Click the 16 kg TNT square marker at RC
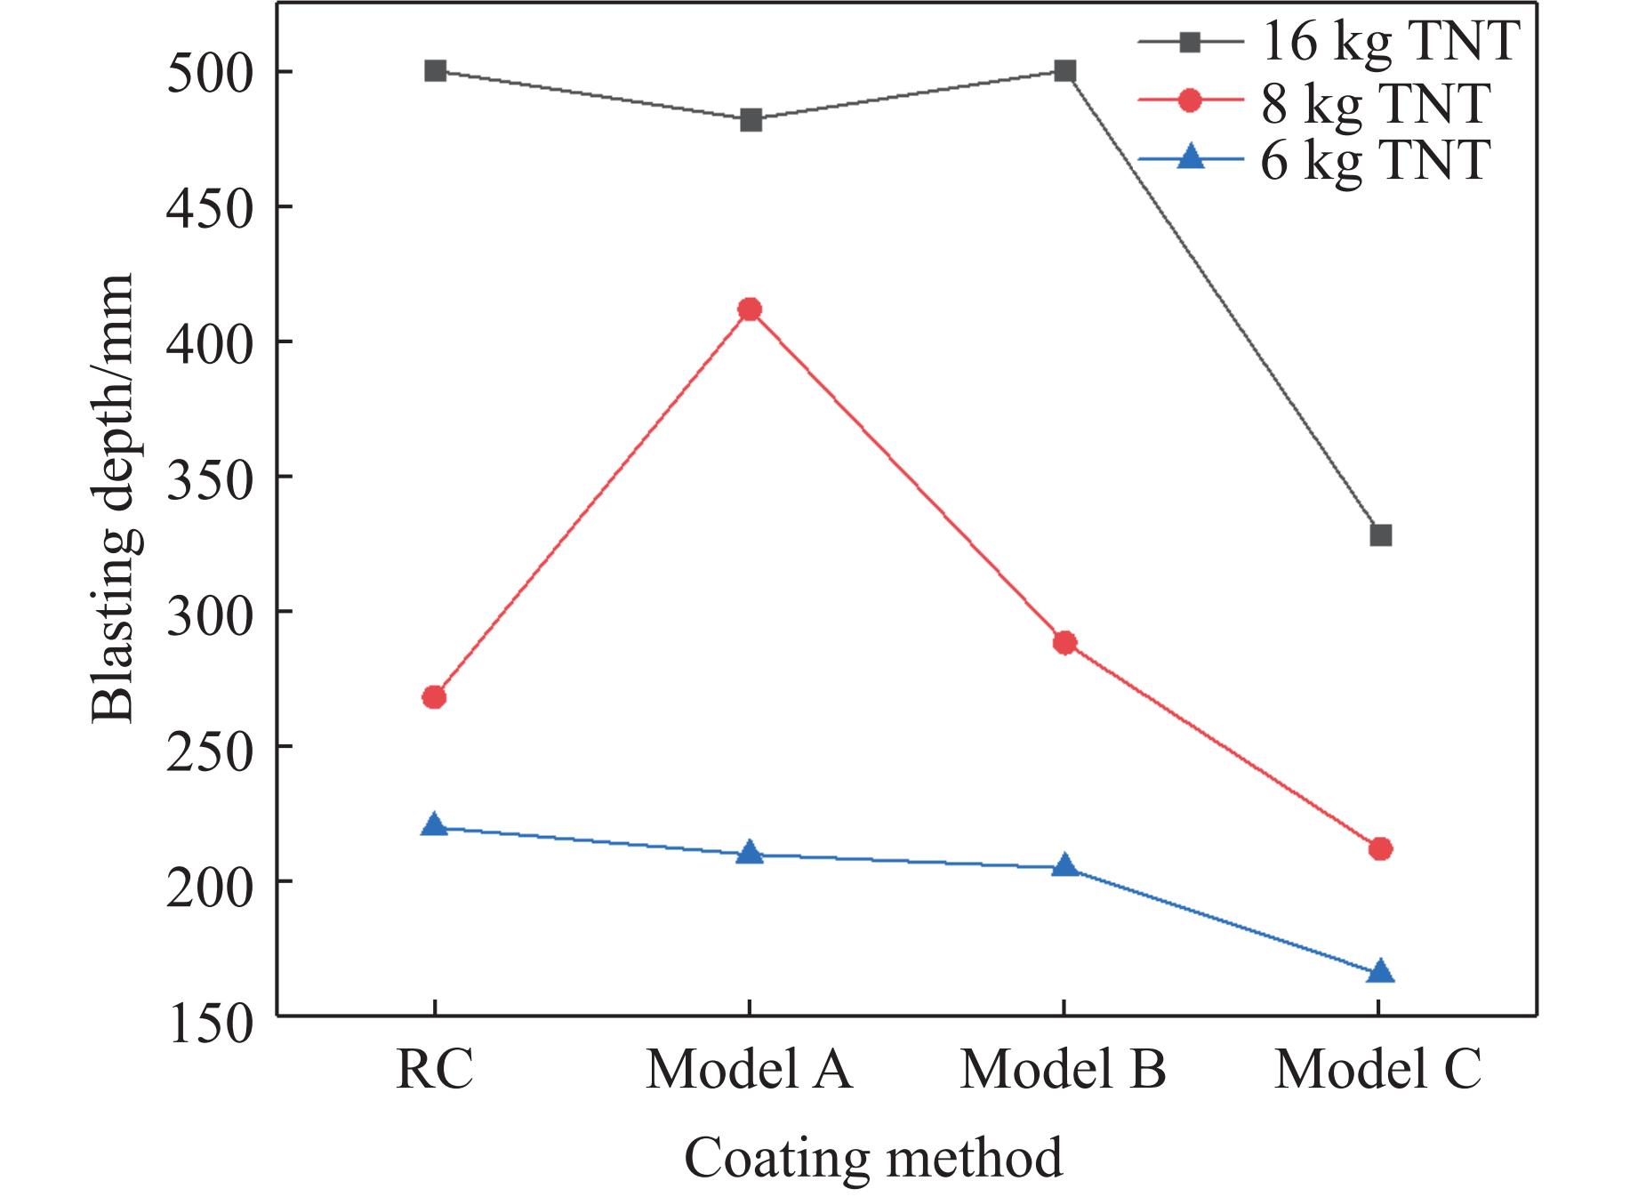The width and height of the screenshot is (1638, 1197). (x=435, y=71)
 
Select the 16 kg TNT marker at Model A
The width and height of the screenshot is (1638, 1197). (x=751, y=120)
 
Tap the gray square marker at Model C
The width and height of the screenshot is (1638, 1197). (x=1380, y=535)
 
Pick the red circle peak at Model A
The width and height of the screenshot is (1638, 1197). (x=750, y=309)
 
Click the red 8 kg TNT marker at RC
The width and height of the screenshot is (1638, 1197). (x=434, y=697)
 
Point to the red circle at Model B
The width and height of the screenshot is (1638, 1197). (x=1064, y=643)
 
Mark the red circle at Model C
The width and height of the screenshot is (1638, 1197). (x=1380, y=849)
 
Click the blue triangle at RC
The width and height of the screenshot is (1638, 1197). (x=435, y=825)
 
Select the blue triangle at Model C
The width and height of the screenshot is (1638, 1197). (x=1380, y=971)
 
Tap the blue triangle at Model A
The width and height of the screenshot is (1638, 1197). (x=751, y=853)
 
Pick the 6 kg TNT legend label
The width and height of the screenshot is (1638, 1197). (x=1375, y=161)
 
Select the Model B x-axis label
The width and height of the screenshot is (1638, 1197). (x=1064, y=1069)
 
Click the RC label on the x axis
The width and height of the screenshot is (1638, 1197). (x=434, y=1069)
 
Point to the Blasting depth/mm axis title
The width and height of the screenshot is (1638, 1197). (x=114, y=498)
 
